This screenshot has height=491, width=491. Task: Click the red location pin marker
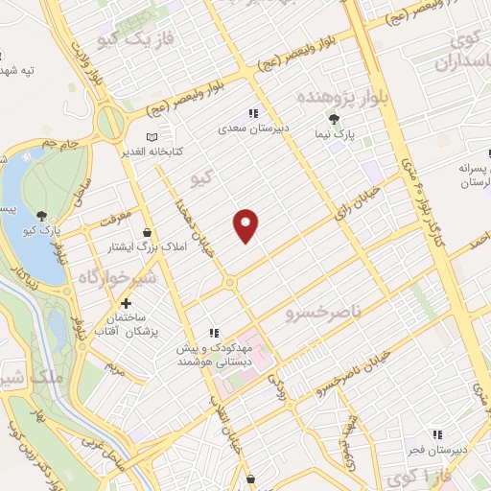click(x=246, y=224)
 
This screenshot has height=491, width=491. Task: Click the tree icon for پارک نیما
click(x=334, y=119)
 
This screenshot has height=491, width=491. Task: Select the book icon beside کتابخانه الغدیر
click(x=150, y=136)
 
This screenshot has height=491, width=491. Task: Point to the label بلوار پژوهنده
click(x=308, y=99)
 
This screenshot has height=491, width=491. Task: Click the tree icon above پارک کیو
click(x=40, y=216)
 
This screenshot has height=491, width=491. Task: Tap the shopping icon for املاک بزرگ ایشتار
click(x=146, y=232)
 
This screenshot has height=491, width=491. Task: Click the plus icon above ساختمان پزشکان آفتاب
click(x=126, y=303)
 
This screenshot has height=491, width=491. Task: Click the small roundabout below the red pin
click(x=229, y=283)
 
